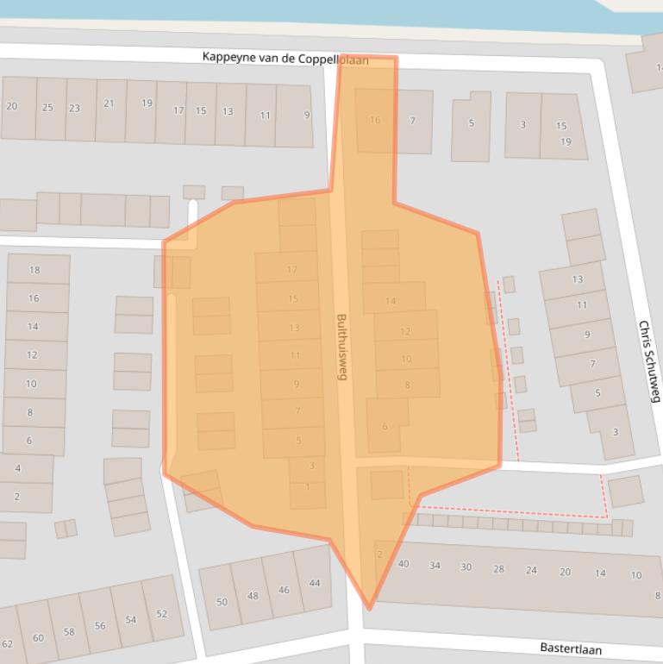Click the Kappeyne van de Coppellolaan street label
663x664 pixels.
[x=285, y=58]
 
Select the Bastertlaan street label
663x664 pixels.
[x=571, y=648]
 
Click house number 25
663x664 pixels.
[x=48, y=108]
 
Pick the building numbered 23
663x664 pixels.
[x=75, y=109]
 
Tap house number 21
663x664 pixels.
[x=109, y=103]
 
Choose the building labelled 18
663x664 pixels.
[x=34, y=270]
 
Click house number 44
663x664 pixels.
[x=315, y=583]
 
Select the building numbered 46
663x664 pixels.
[x=284, y=590]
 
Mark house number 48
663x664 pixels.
[x=253, y=596]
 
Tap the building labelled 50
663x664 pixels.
[x=222, y=602]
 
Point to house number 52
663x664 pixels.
[x=162, y=614]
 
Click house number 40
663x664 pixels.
[x=403, y=564]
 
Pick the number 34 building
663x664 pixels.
[x=435, y=566]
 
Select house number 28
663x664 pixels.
[x=498, y=569]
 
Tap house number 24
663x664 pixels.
[x=531, y=570]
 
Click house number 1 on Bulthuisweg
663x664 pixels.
[x=308, y=487]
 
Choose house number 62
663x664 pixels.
[x=7, y=644]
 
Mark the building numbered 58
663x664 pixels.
[x=69, y=632]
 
